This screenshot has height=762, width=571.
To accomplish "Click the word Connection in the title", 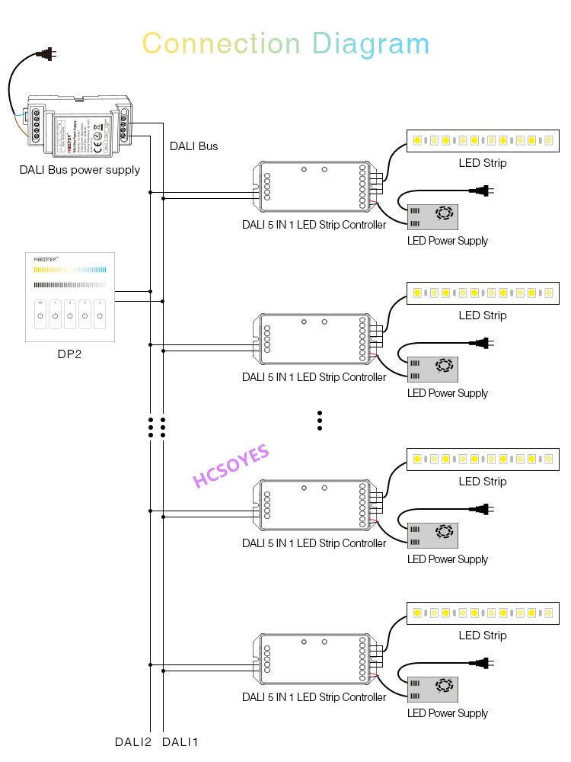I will (222, 43).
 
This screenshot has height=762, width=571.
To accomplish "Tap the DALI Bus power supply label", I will (80, 169).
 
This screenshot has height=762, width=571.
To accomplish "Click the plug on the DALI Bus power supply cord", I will (46, 54).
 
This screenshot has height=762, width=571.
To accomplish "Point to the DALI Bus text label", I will (193, 146).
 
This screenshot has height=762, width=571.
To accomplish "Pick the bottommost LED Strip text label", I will (482, 635).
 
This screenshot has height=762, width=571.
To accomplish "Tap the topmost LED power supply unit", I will (432, 216).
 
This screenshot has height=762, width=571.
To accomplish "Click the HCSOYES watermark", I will (231, 466).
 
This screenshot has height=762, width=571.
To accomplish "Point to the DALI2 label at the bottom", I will (133, 741).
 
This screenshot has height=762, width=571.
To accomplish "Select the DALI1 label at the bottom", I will (180, 741).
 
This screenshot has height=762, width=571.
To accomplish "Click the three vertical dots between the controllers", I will (320, 421).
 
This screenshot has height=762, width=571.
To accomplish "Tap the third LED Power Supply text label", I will (448, 559).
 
